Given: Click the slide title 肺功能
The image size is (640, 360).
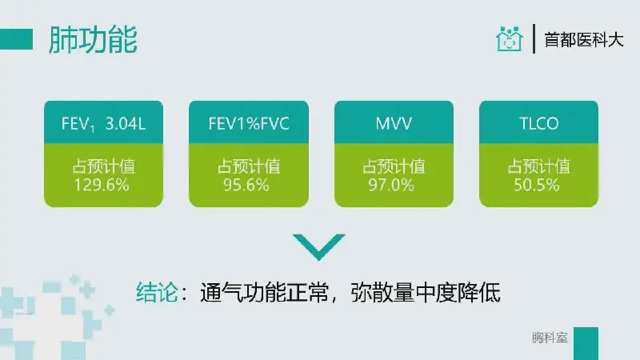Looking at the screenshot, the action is pyautogui.click(x=93, y=39).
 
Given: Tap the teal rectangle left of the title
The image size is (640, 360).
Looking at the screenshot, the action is pyautogui.click(x=16, y=39).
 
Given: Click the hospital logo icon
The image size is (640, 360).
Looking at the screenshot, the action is pyautogui.click(x=509, y=39).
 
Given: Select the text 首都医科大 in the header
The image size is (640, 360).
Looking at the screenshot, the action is pyautogui.click(x=584, y=39).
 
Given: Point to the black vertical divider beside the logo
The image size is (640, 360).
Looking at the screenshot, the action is pyautogui.click(x=534, y=38).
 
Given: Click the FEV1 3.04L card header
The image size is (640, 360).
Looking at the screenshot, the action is pyautogui.click(x=104, y=123).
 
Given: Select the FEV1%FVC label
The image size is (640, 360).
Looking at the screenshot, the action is pyautogui.click(x=249, y=123).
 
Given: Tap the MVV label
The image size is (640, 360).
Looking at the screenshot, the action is pyautogui.click(x=394, y=123).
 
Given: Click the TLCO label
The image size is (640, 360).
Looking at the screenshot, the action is pyautogui.click(x=538, y=123).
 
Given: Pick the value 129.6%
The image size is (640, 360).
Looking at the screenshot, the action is pyautogui.click(x=102, y=185).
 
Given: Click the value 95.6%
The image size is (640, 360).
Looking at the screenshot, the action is pyautogui.click(x=246, y=185).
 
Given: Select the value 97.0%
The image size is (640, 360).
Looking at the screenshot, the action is pyautogui.click(x=391, y=185).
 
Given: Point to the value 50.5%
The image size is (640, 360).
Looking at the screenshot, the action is pyautogui.click(x=536, y=185).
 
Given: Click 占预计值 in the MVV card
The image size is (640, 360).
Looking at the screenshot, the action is pyautogui.click(x=394, y=166).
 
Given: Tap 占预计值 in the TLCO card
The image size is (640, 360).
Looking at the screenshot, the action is pyautogui.click(x=538, y=166).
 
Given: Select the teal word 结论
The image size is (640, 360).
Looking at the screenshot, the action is pyautogui.click(x=157, y=292).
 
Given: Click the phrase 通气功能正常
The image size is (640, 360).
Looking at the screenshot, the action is pyautogui.click(x=264, y=292).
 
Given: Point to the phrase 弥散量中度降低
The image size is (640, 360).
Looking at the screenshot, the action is pyautogui.click(x=426, y=292).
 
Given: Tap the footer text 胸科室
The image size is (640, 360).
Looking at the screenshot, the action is pyautogui.click(x=550, y=338).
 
